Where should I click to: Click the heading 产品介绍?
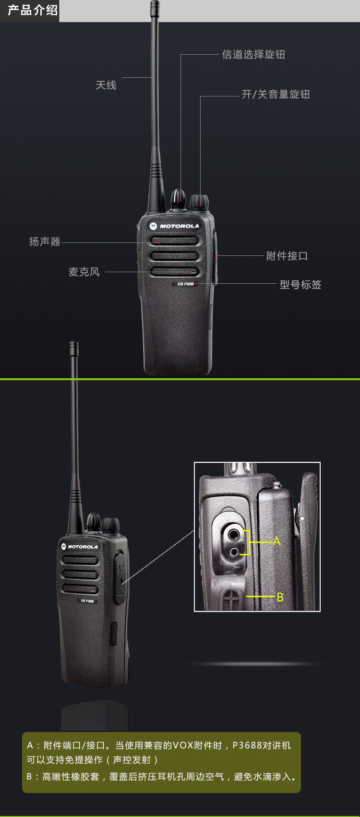click(33, 10)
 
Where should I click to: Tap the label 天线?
click(106, 85)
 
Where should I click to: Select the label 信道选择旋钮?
click(253, 54)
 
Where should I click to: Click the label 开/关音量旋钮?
click(276, 94)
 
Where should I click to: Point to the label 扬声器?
click(45, 241)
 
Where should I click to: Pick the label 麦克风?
click(84, 272)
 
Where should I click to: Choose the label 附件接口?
click(287, 256)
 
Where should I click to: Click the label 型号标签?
click(300, 285)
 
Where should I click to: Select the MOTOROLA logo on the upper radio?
click(174, 226)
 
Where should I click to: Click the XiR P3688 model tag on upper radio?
click(185, 284)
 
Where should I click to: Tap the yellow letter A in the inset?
click(276, 541)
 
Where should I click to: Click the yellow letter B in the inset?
click(280, 598)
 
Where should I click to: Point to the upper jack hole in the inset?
click(233, 535)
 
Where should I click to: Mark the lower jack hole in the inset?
click(233, 552)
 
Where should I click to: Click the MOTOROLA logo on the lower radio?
click(80, 547)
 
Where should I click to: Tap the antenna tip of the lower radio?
click(74, 344)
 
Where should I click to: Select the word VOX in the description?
click(182, 745)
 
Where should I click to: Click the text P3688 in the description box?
click(247, 745)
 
